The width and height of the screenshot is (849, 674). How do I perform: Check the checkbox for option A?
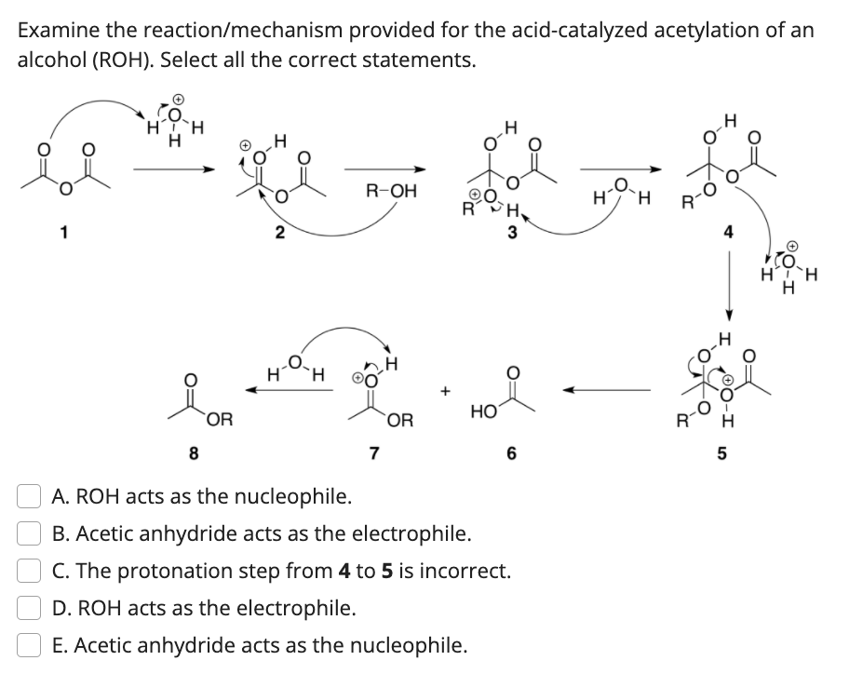(x=28, y=496)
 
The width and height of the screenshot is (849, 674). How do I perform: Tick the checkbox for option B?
(x=28, y=533)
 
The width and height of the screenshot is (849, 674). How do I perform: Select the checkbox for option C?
(x=28, y=571)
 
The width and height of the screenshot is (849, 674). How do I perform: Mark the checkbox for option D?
(x=28, y=608)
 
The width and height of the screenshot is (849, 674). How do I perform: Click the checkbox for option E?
(x=28, y=645)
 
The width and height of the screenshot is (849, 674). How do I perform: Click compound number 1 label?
(x=65, y=234)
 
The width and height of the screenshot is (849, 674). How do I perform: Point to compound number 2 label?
(x=279, y=234)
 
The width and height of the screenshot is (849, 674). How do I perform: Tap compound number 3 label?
(x=512, y=234)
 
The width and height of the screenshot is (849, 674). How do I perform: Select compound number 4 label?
(x=729, y=234)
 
